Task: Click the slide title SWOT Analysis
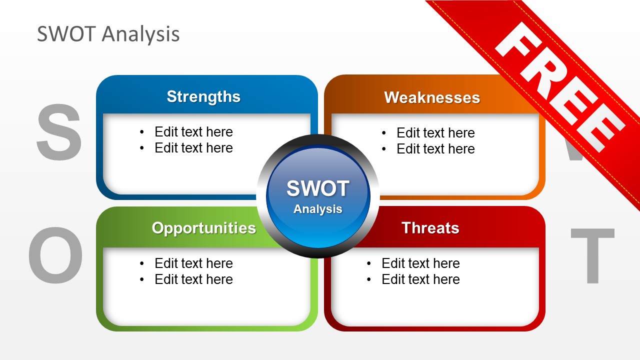pos(108,34)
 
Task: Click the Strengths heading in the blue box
pos(203,96)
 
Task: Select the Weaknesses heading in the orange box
pos(432,97)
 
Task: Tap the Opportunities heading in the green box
pos(203,228)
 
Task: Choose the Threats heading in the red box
pos(430,228)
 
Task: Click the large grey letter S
pos(59,132)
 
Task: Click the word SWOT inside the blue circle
pos(317,189)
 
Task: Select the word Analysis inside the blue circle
pos(317,209)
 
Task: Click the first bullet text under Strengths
pos(193,132)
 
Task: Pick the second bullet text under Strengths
pos(193,148)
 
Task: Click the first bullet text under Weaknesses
pos(435,133)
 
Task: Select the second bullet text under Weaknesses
pos(435,149)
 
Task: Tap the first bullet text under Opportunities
pos(193,263)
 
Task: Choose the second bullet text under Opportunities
pos(193,279)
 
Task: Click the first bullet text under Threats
pos(420,263)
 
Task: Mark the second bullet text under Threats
pos(420,279)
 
